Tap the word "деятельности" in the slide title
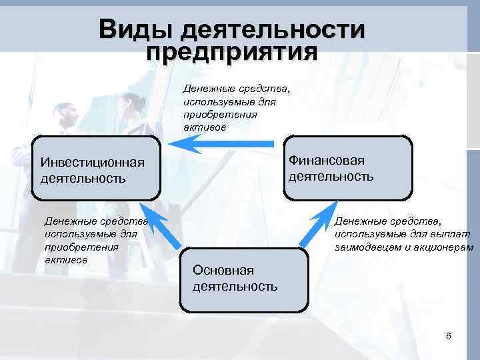click(x=273, y=29)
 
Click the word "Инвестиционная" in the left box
click(x=93, y=162)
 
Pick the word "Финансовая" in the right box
click(x=327, y=161)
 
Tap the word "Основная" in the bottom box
click(x=223, y=270)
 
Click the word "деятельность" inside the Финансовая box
click(x=331, y=177)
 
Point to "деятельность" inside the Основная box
click(x=235, y=287)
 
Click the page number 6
click(x=448, y=335)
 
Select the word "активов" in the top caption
click(x=205, y=127)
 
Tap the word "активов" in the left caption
click(x=65, y=259)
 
